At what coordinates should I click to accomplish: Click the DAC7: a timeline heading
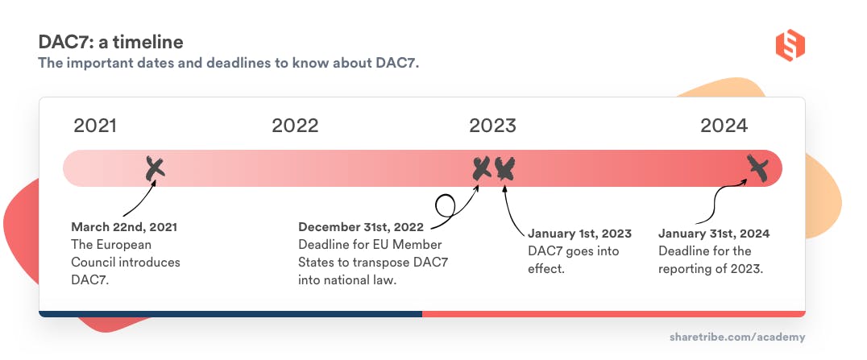pos(111,41)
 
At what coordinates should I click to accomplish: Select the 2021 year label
pos(95,126)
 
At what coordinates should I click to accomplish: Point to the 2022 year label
pos(295,126)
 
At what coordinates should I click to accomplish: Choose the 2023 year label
pos(492,126)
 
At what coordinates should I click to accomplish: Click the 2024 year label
pos(724,126)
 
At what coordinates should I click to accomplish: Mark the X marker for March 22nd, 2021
pos(155,168)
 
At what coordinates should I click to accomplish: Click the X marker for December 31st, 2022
pos(481,168)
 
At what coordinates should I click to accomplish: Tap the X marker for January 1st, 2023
pos(505,168)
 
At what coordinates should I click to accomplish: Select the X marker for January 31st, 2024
pos(757,167)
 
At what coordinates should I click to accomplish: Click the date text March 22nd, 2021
pos(124,227)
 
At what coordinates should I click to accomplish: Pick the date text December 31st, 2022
pos(361,227)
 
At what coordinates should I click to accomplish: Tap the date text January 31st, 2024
pos(714,234)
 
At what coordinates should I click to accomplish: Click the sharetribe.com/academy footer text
pos(736,337)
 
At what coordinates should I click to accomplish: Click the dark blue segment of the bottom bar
pos(230,313)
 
